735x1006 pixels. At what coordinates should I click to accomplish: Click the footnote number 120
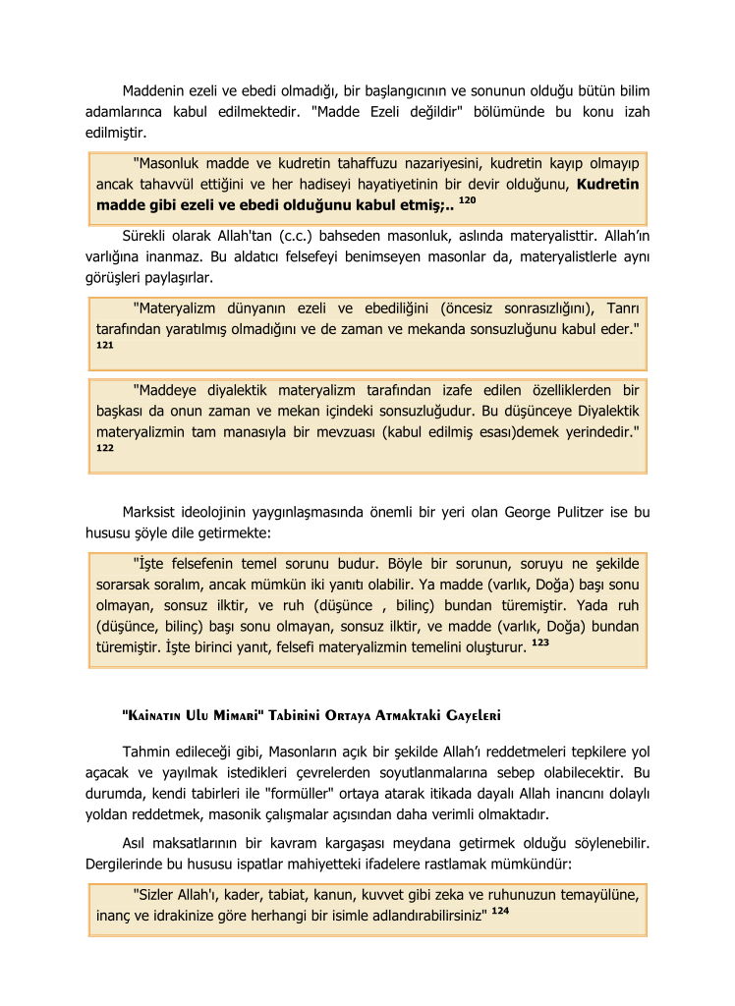pyautogui.click(x=468, y=199)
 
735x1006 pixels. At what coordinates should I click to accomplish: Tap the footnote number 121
pyautogui.click(x=105, y=346)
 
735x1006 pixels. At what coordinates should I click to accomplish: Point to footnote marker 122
pyautogui.click(x=105, y=447)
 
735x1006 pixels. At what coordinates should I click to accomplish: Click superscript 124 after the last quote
pyautogui.click(x=500, y=910)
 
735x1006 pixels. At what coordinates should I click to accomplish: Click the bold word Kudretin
pyautogui.click(x=607, y=184)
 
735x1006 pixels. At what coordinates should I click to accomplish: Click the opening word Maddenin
pyautogui.click(x=156, y=91)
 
